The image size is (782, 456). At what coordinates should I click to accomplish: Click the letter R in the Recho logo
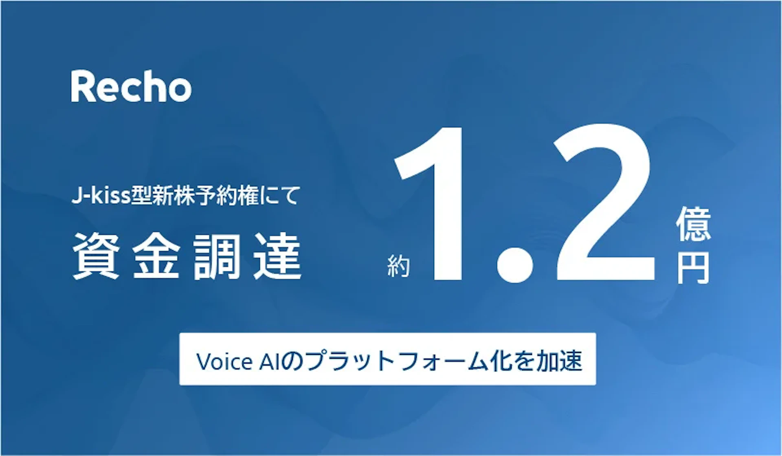point(84,86)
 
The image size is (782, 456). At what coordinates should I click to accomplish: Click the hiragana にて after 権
point(281,196)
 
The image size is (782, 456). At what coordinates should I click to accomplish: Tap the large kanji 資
point(96,256)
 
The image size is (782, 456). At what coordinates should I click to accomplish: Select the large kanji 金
point(156,256)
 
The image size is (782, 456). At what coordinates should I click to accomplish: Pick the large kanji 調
point(217,256)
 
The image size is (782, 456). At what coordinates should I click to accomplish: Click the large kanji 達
point(277,256)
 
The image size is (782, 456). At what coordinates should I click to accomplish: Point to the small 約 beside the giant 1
point(398,267)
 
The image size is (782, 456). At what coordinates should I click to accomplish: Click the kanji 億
point(694,224)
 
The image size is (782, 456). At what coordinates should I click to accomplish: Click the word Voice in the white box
point(224,361)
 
